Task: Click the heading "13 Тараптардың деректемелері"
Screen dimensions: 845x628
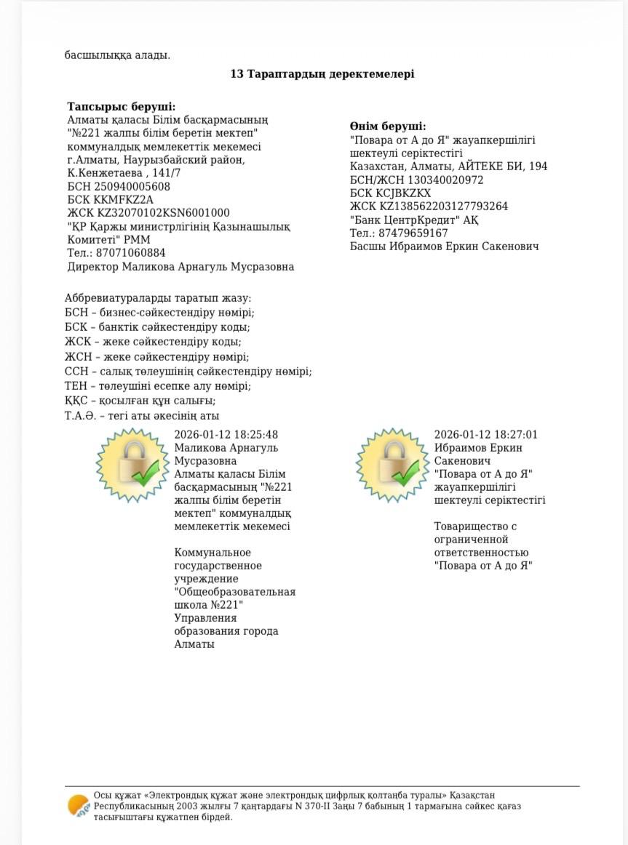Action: point(322,74)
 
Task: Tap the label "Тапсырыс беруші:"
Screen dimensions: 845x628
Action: point(122,107)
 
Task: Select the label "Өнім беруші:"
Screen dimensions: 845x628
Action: point(388,127)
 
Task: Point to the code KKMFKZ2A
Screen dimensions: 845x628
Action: point(123,200)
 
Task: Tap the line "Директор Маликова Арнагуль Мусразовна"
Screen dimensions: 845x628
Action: point(180,267)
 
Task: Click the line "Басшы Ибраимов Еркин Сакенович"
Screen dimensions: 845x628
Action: point(444,247)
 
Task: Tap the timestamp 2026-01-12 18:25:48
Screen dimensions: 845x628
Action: point(226,435)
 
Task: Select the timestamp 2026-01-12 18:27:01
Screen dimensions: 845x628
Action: point(485,435)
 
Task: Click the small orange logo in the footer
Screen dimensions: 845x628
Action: point(78,806)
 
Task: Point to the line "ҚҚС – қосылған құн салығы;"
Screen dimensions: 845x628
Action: point(140,401)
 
